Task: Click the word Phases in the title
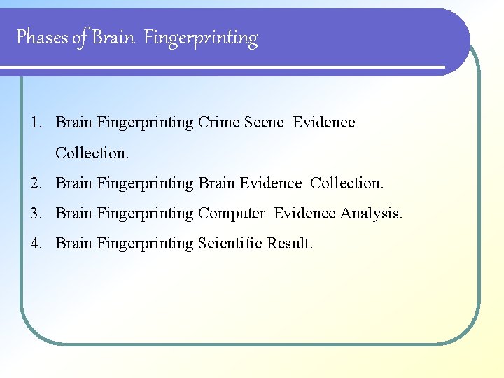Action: tap(43, 37)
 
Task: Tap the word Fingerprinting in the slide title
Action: tap(201, 38)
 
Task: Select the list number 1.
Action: tap(34, 122)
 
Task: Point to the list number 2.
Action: tap(35, 183)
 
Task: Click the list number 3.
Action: tap(35, 213)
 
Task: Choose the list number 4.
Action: tap(35, 244)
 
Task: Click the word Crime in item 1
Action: tap(218, 122)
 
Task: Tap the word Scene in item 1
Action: tap(264, 122)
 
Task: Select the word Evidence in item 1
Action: tap(324, 122)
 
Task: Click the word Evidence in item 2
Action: tap(270, 183)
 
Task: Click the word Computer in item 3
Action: tap(232, 213)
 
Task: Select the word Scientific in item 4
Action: tap(230, 244)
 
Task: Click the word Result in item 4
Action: tap(289, 244)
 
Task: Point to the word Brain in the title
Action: tap(113, 37)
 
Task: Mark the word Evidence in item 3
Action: tap(305, 213)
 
